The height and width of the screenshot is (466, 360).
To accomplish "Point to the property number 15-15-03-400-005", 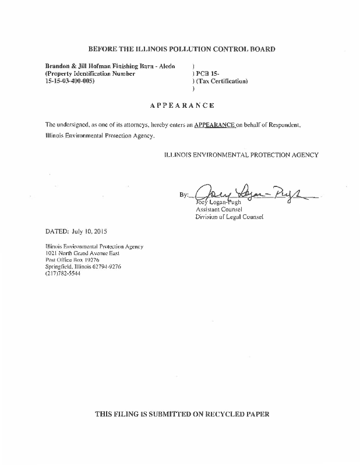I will click(x=69, y=81).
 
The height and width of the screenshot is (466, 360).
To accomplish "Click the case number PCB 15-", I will click(x=208, y=74).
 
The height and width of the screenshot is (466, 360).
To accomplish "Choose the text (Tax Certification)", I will click(x=222, y=81).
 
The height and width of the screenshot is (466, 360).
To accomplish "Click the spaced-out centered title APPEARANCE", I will click(x=182, y=105).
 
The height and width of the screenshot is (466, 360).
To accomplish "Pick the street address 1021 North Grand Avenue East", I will click(x=82, y=253).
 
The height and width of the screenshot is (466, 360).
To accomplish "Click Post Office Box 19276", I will click(x=72, y=260).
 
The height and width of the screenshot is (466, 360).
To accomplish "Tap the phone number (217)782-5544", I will click(x=63, y=273).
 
